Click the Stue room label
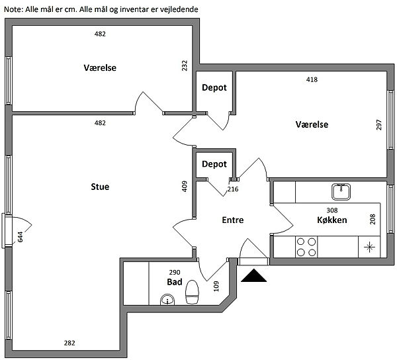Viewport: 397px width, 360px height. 100,187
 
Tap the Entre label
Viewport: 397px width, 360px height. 233,220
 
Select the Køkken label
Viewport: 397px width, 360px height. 332,220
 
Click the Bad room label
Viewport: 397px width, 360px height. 175,282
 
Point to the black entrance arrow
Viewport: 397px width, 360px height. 253,275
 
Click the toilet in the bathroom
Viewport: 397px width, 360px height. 193,292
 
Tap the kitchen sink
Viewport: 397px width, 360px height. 341,191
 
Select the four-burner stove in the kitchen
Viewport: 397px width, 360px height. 306,247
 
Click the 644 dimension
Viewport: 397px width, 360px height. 20,236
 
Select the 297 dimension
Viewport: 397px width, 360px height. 379,124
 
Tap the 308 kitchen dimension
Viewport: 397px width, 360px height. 332,210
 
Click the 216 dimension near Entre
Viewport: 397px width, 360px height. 233,189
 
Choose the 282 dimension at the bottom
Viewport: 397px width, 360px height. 69,343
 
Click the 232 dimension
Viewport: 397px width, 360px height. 185,66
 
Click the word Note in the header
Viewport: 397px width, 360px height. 13,10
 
